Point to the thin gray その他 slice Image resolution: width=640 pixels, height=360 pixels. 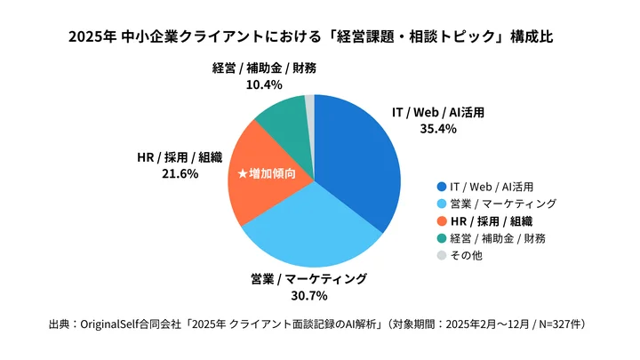(310, 105)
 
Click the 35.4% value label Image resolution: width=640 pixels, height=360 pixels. (437, 129)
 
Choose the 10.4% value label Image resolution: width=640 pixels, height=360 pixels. (264, 85)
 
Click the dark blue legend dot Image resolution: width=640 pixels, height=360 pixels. (440, 186)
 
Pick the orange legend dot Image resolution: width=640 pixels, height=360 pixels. (440, 220)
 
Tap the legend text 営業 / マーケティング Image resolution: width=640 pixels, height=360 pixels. (503, 204)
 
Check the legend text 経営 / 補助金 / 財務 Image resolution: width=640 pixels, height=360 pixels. (498, 238)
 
